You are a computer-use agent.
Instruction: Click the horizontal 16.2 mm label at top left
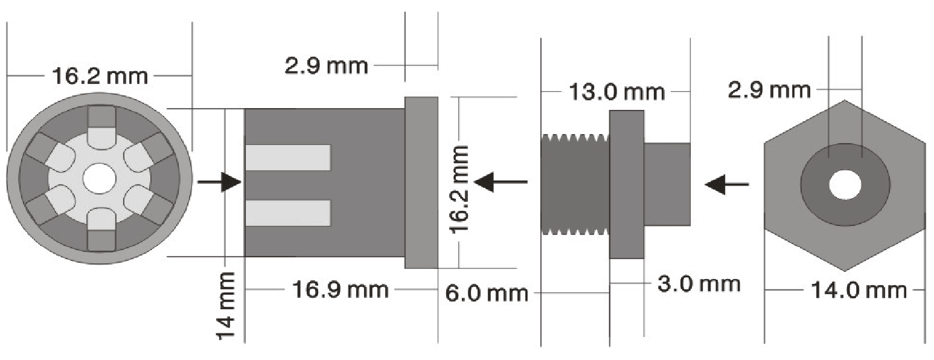click(x=100, y=76)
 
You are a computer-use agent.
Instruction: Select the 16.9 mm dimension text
click(x=341, y=289)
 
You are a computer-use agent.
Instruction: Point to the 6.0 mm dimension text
click(x=487, y=293)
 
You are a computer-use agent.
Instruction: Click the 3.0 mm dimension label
click(x=699, y=284)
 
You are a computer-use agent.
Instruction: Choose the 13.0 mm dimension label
click(x=616, y=92)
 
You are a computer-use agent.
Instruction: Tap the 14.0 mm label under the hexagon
click(x=859, y=290)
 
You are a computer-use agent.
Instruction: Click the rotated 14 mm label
click(x=226, y=306)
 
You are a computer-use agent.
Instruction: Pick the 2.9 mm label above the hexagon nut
click(x=769, y=89)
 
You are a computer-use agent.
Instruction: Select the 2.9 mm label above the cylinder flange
click(x=327, y=65)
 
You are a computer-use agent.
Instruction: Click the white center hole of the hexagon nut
click(x=845, y=185)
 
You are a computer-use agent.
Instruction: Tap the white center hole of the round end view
click(x=99, y=179)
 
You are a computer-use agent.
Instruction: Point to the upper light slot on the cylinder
click(x=288, y=158)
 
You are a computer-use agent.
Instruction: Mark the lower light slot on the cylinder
click(x=288, y=213)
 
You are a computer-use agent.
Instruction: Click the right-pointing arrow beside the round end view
click(x=220, y=182)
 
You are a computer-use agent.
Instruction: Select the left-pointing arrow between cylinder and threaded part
click(x=501, y=182)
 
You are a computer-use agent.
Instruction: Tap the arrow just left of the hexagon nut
click(x=727, y=184)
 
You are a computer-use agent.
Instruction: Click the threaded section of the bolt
click(x=575, y=184)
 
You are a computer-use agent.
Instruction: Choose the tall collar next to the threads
click(x=627, y=184)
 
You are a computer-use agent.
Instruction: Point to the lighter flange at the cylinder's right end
click(x=421, y=182)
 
